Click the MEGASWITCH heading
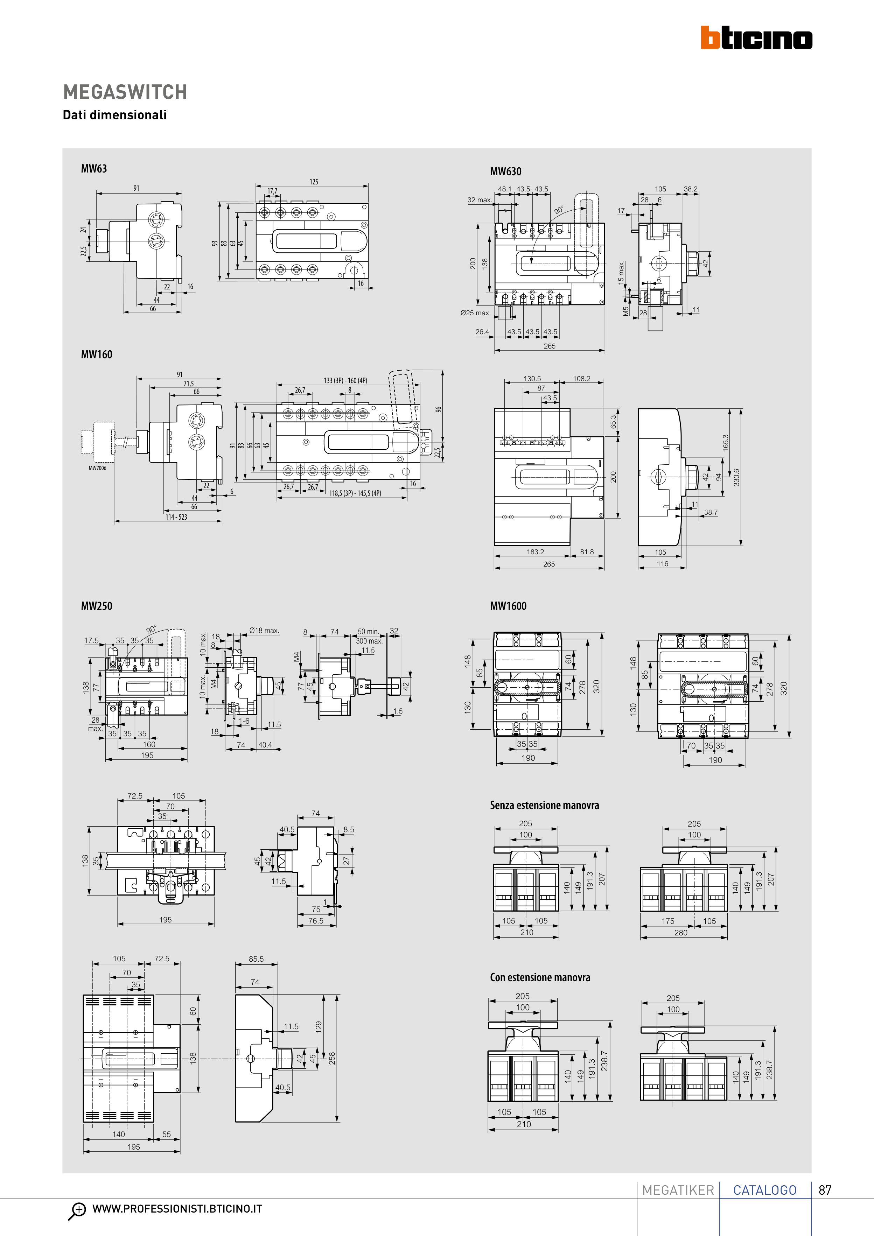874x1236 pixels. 125,92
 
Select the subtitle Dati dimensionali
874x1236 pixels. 115,115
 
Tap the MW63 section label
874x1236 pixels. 94,168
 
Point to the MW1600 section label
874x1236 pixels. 508,606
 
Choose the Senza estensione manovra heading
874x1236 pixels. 544,805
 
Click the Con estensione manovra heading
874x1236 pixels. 540,978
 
